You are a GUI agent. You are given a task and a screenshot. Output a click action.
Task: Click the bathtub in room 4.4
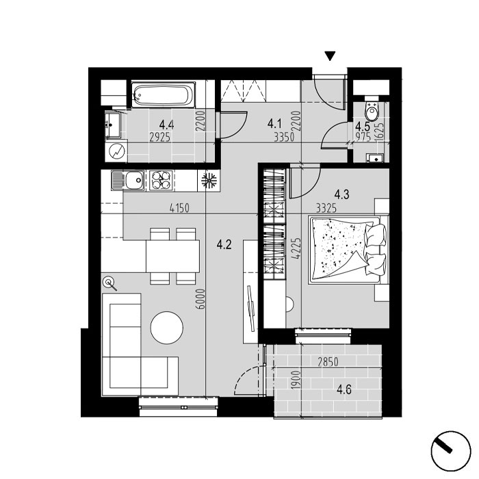(163, 94)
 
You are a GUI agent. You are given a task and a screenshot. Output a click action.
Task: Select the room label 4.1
(274, 124)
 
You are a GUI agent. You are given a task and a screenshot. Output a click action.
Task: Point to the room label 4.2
(224, 244)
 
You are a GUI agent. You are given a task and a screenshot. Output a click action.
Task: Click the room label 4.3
(341, 194)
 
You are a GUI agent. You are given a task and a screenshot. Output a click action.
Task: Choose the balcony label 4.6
(344, 389)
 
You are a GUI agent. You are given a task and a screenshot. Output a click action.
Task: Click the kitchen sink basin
(135, 180)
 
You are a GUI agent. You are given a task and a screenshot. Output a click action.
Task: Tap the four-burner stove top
(161, 180)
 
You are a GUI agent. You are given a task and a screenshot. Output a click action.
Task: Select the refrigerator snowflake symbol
(209, 181)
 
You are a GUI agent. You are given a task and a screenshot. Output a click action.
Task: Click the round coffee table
(167, 328)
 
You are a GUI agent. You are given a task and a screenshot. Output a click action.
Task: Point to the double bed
(348, 250)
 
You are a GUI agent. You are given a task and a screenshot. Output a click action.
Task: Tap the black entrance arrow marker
(330, 56)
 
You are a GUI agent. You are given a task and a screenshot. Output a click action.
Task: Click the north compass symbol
(451, 451)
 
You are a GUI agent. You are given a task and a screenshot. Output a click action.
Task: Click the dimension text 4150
(179, 208)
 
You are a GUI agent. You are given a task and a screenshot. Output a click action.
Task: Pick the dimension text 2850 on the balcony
(328, 362)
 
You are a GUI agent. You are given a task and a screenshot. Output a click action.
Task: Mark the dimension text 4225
(296, 248)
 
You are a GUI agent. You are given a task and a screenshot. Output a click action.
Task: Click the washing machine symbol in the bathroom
(116, 151)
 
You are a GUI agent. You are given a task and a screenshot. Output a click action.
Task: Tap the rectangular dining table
(173, 256)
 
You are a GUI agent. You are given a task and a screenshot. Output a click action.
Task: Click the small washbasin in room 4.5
(375, 158)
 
